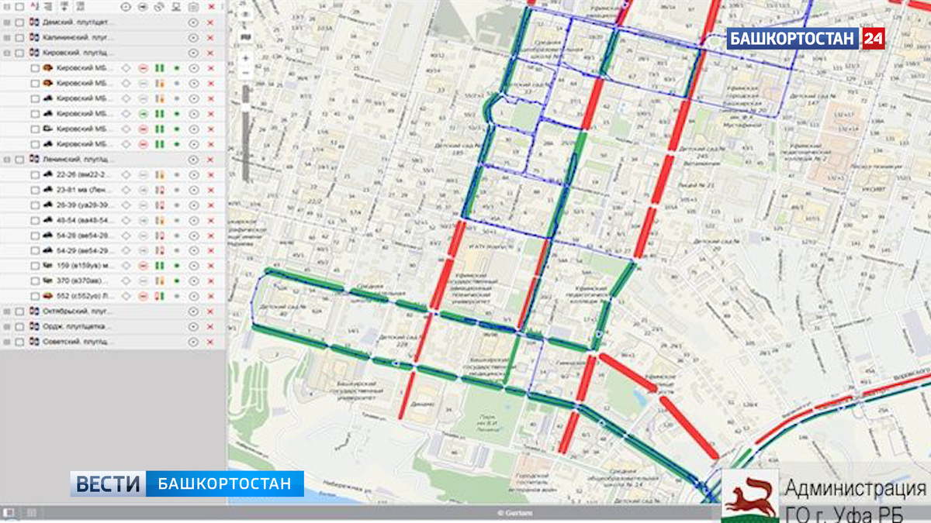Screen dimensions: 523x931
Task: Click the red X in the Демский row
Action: click(x=210, y=22)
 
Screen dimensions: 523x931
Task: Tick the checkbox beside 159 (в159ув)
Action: click(x=35, y=266)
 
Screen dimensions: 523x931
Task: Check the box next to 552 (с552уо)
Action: click(x=35, y=296)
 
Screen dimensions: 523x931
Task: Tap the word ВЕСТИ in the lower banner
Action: click(x=108, y=483)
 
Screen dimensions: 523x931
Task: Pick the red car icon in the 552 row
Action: click(x=47, y=296)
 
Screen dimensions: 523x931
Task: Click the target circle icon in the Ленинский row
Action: click(x=193, y=160)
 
